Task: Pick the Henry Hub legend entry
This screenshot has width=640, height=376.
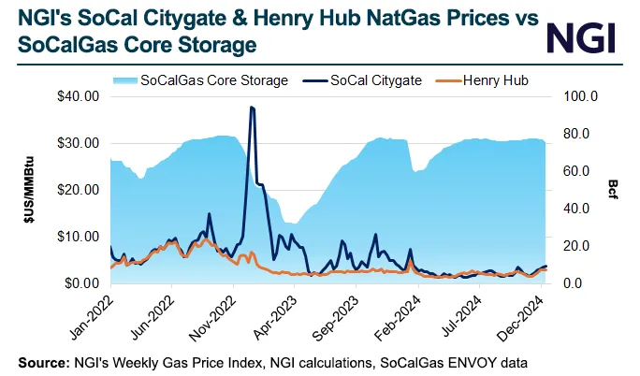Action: coord(492,80)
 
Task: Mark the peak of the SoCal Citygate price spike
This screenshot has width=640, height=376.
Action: coord(251,108)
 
